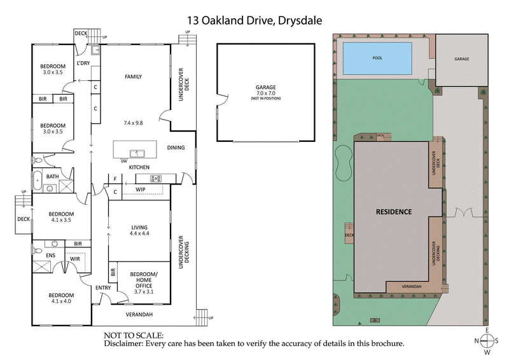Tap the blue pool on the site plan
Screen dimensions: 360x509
pyautogui.click(x=378, y=57)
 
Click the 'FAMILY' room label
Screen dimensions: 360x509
pyautogui.click(x=133, y=76)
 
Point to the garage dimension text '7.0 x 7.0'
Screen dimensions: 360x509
pyautogui.click(x=265, y=93)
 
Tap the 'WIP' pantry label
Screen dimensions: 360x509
pyautogui.click(x=141, y=189)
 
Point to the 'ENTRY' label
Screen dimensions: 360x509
pyautogui.click(x=102, y=287)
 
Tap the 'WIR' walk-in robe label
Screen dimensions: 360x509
pyautogui.click(x=74, y=258)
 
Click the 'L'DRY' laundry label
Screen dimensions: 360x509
pyautogui.click(x=83, y=64)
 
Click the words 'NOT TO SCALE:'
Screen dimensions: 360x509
pyautogui.click(x=133, y=335)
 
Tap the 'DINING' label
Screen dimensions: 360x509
pyautogui.click(x=176, y=148)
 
